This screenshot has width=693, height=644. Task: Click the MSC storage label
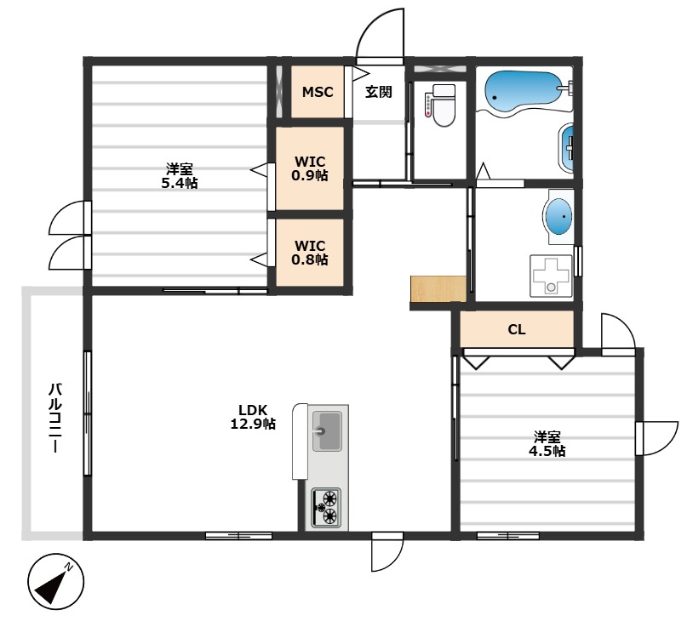[x=318, y=92]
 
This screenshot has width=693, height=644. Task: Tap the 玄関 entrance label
[x=378, y=92]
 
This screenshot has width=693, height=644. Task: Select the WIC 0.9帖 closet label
[x=309, y=168]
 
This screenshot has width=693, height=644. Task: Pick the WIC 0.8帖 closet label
[x=309, y=252]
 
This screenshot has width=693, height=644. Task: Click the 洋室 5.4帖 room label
[x=179, y=176]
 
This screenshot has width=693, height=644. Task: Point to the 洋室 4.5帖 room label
[x=547, y=444]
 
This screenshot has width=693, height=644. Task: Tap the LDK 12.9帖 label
[x=253, y=417]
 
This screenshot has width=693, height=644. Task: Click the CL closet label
[x=516, y=329]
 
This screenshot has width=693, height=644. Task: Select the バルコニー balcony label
[x=54, y=418]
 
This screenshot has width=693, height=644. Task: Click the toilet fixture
[x=443, y=105]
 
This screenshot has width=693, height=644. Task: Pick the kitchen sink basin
[x=327, y=430]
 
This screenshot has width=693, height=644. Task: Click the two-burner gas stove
[x=326, y=508]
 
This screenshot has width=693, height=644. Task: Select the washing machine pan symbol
[x=551, y=275]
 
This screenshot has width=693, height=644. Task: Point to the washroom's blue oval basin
[x=558, y=216]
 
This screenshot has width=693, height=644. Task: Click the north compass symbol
[x=55, y=582]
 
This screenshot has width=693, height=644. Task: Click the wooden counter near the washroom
[x=438, y=289]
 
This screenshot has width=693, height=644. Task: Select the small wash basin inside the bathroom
[x=567, y=148]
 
